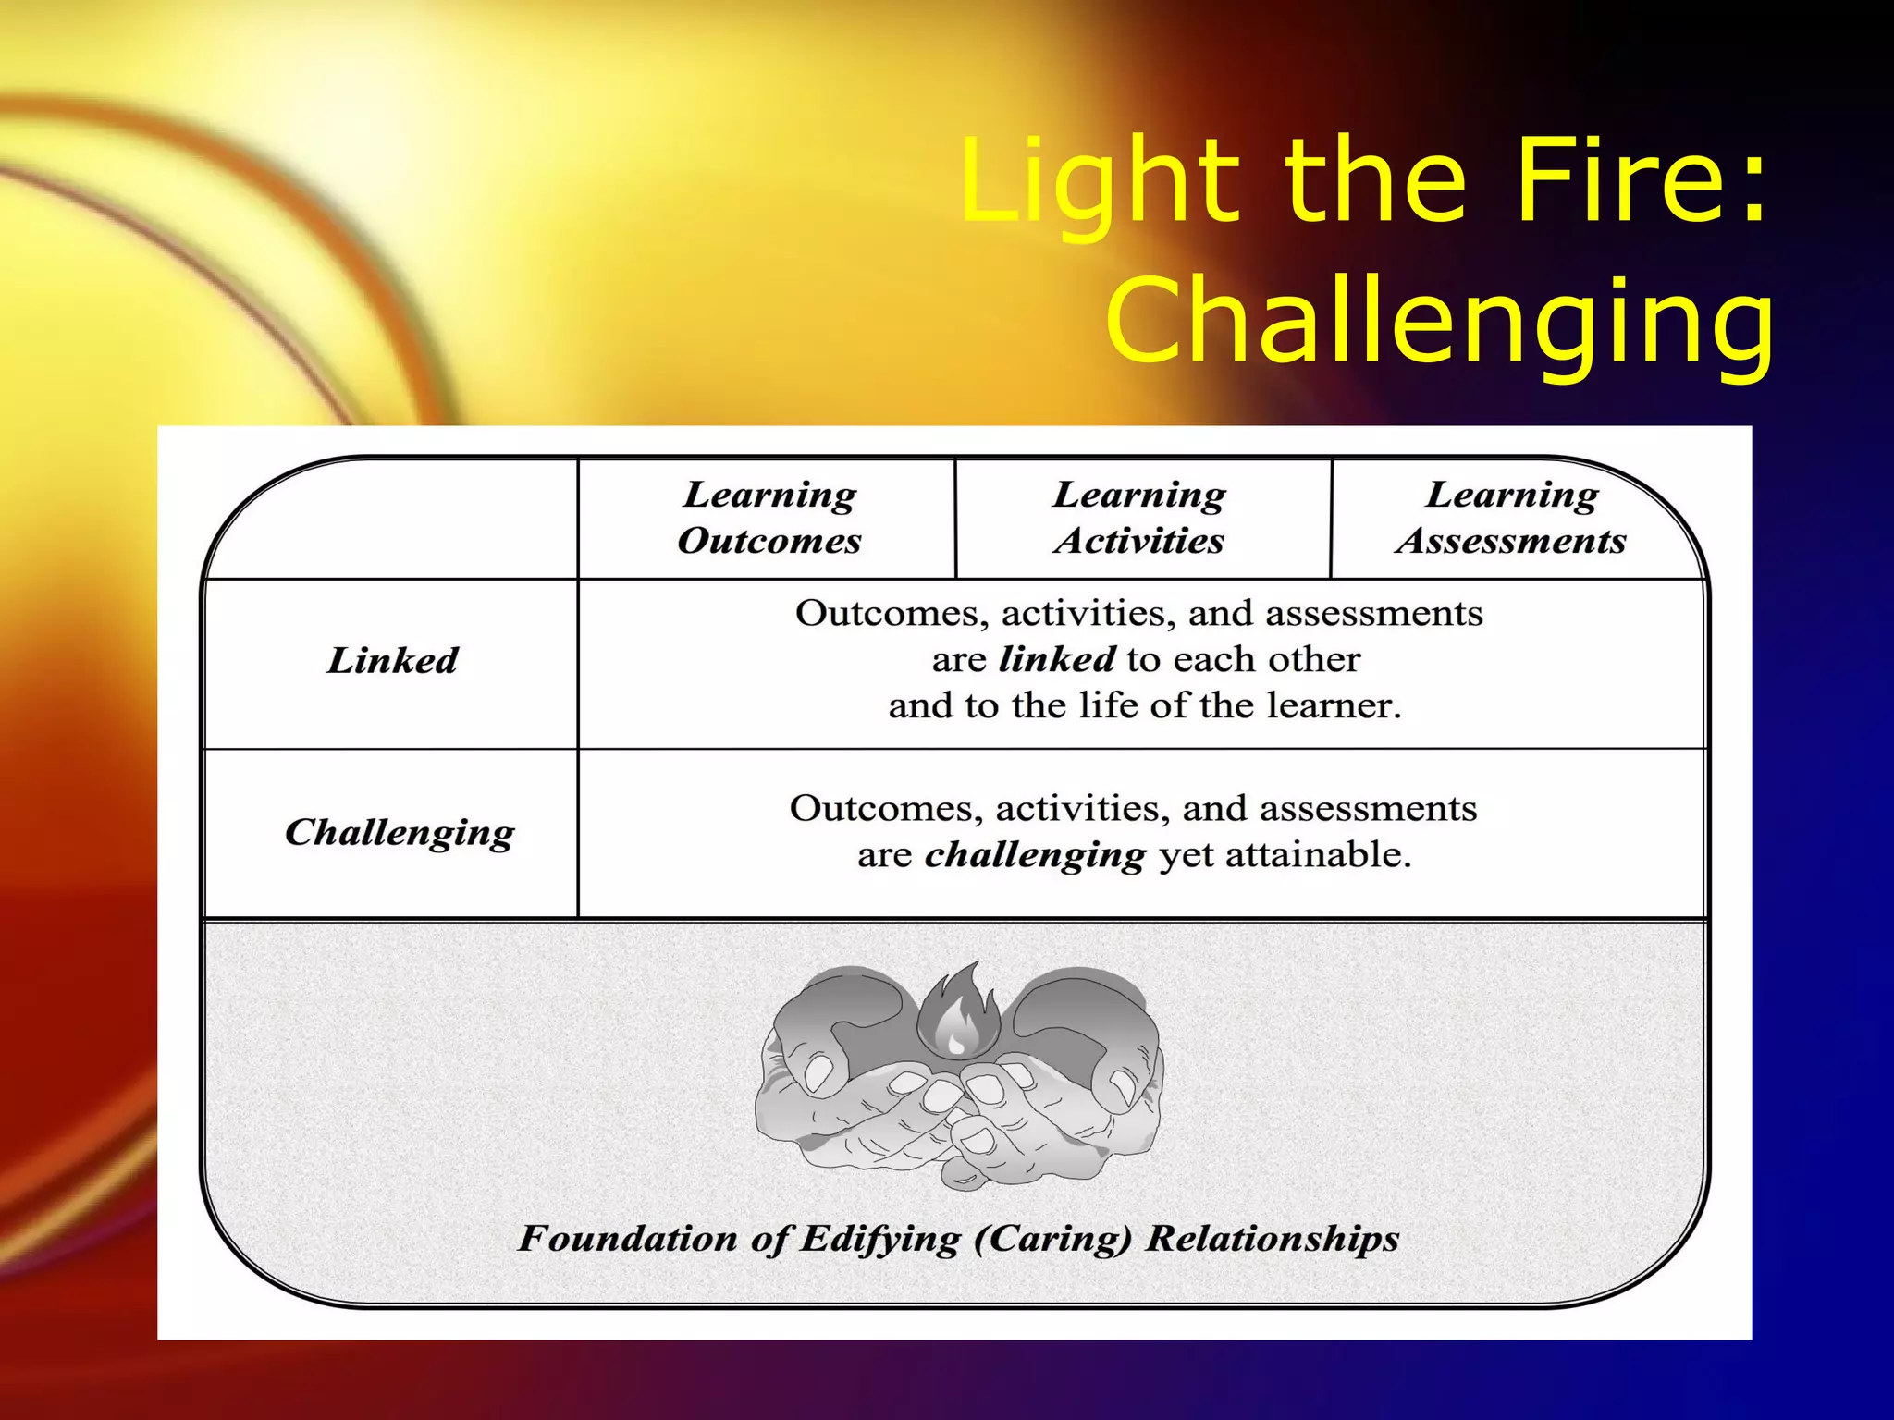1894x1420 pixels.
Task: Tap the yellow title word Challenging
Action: coord(1439,322)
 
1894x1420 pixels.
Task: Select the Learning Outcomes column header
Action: coord(769,518)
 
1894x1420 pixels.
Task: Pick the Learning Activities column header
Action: coord(1139,518)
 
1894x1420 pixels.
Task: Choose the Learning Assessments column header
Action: coord(1511,518)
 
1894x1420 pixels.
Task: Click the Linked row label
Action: coord(392,661)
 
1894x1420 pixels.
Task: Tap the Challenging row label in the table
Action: coord(400,833)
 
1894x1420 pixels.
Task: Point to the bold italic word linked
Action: coord(1057,659)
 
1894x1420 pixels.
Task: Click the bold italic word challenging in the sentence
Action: coord(1035,855)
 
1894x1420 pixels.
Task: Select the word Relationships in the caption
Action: coord(1273,1239)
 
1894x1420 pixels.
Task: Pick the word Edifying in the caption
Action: coord(879,1239)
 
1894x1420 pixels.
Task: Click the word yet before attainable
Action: coord(1186,855)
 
